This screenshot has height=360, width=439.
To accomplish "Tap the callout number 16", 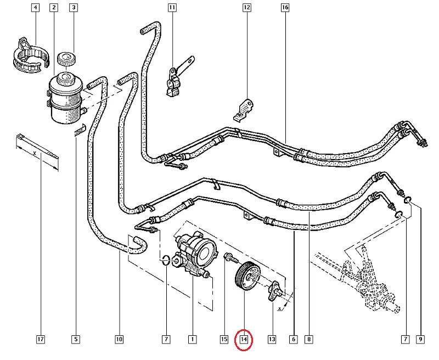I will point(284,8).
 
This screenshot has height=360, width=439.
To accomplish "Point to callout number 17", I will point(40,340).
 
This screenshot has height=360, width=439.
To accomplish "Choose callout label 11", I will point(172,8).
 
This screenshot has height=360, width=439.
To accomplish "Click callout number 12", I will point(246,8).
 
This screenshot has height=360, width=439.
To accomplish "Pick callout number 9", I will point(421,340).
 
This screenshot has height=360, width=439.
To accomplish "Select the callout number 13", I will point(272,340).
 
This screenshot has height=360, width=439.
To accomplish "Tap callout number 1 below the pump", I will point(192,340).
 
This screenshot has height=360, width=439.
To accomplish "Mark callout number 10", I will point(119,340).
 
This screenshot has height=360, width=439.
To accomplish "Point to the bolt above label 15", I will point(229,257).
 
